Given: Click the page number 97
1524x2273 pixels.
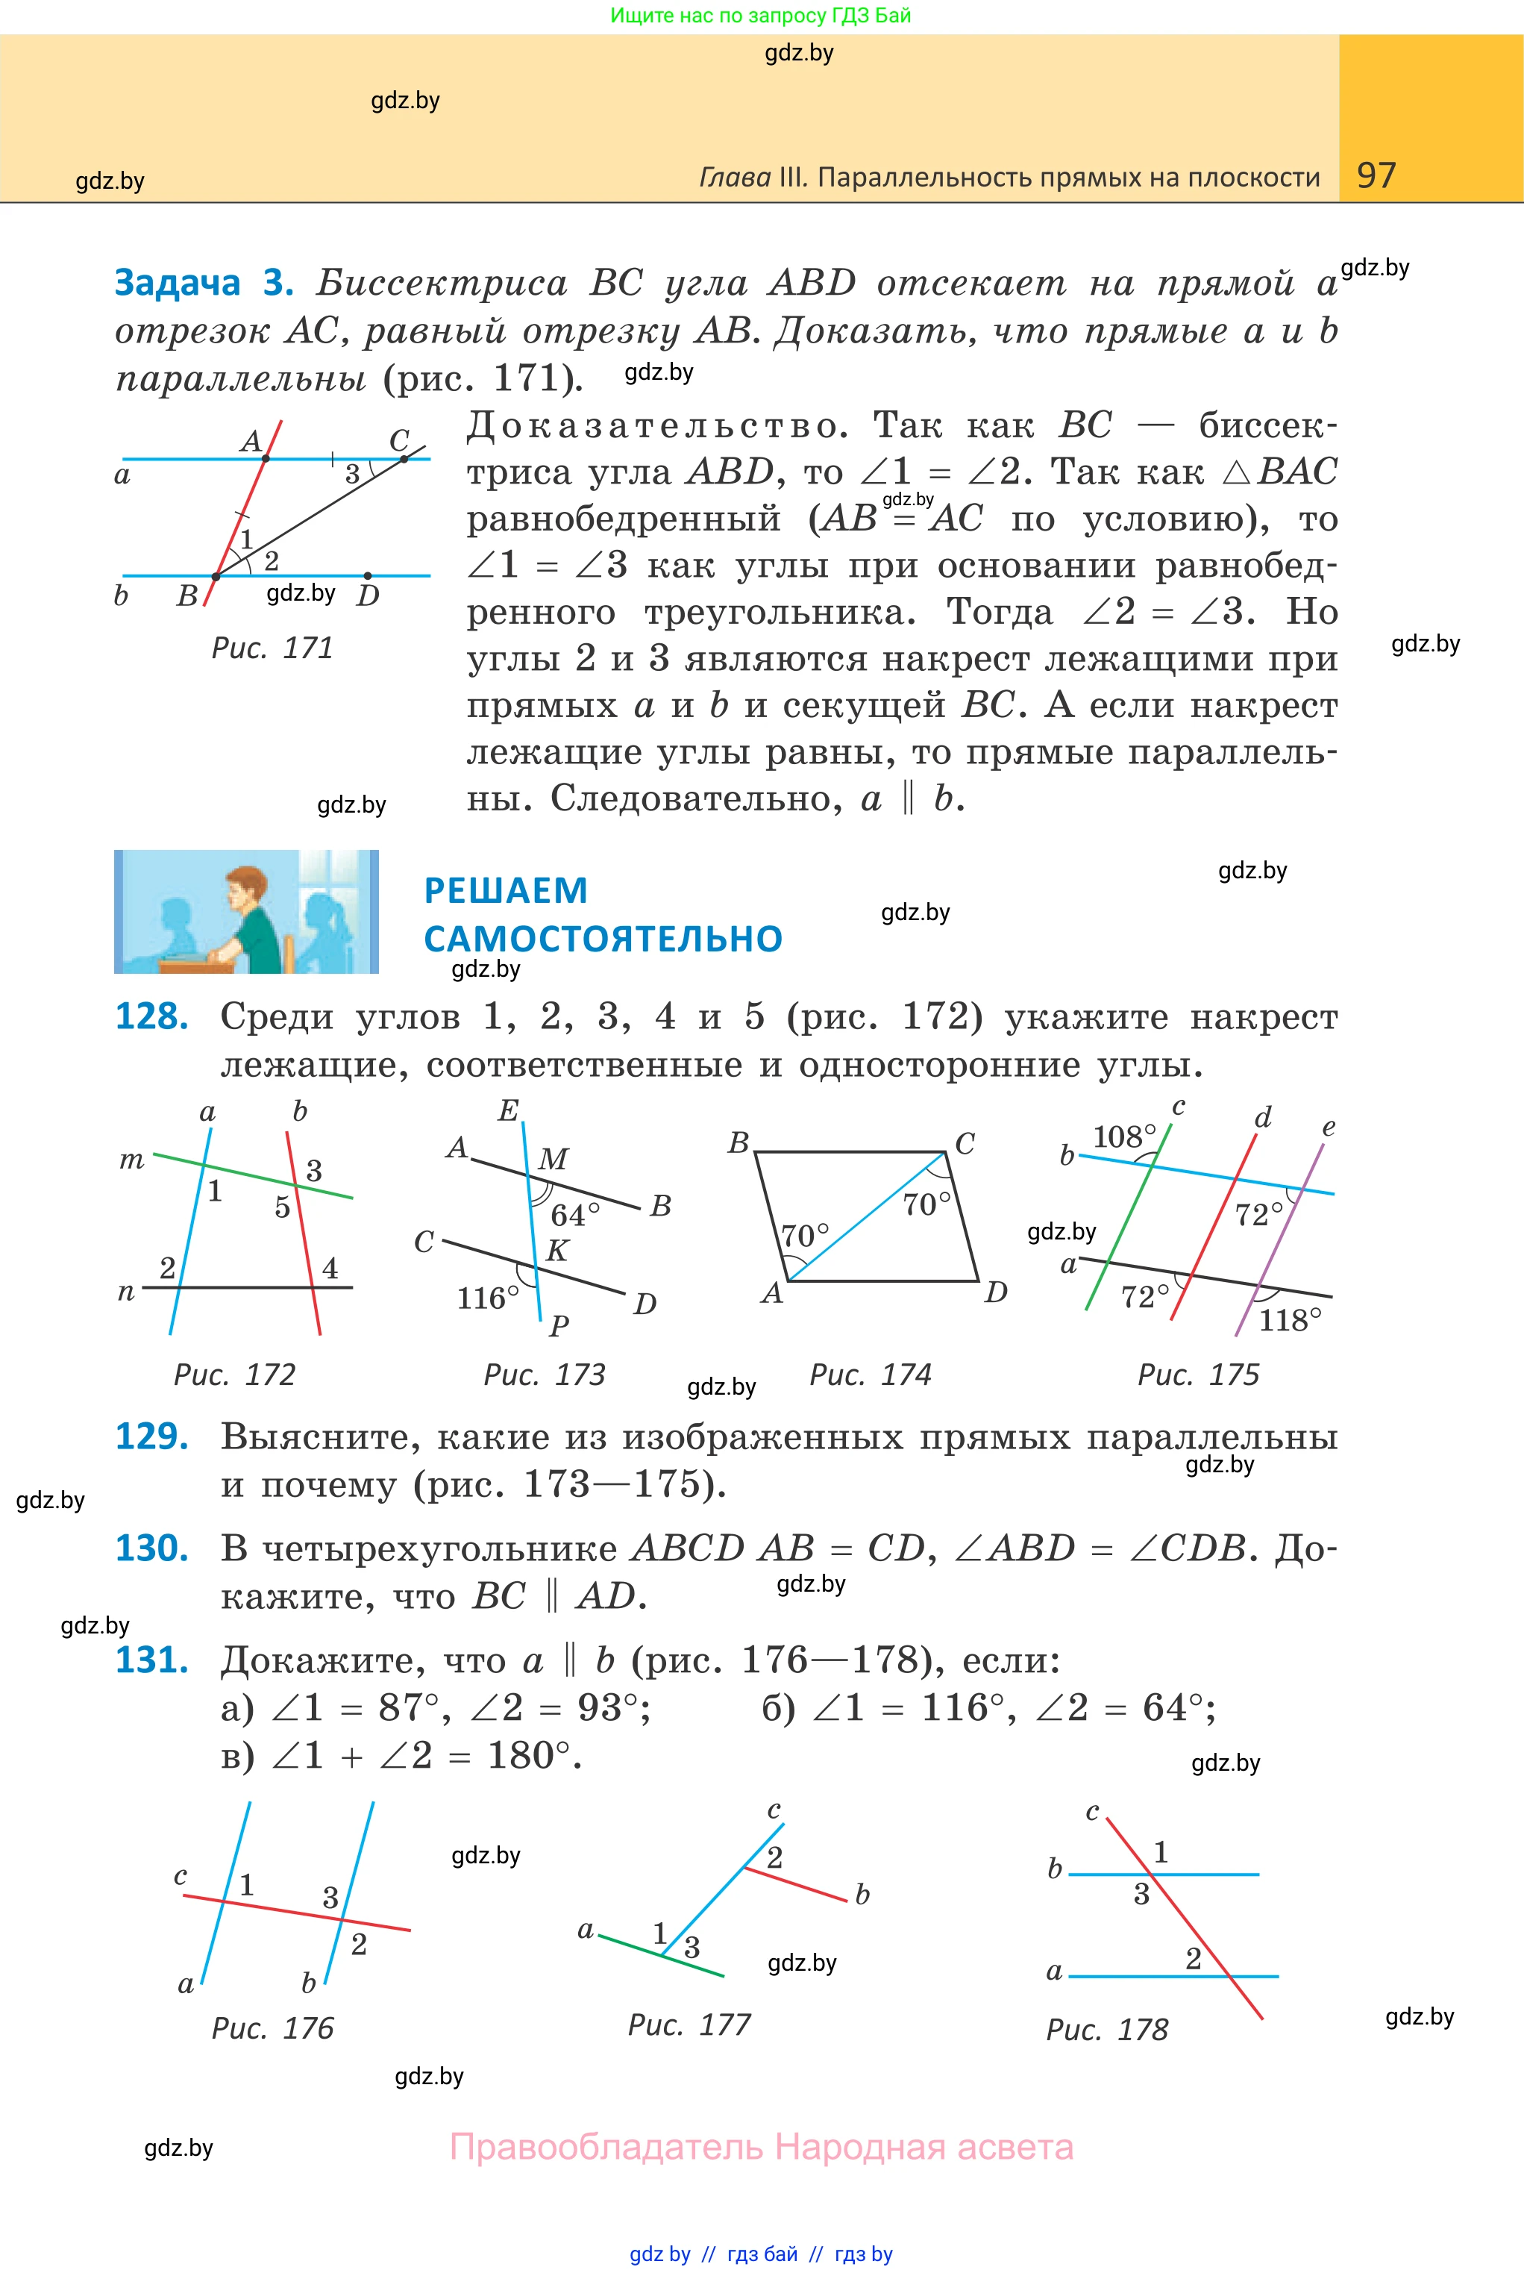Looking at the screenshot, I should point(1376,175).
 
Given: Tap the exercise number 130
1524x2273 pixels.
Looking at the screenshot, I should point(151,1548).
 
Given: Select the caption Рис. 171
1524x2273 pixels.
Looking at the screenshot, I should point(272,648).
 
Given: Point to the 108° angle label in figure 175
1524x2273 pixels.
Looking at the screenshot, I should point(1124,1136).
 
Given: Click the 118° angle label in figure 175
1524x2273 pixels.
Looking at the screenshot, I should point(1290,1320).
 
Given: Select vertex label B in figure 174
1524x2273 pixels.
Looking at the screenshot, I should point(739,1142).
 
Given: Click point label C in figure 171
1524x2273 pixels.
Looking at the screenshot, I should point(398,440).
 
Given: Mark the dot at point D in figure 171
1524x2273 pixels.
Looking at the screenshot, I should point(366,575).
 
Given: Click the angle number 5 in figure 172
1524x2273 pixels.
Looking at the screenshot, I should point(282,1207).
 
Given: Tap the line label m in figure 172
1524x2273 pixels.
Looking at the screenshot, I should point(131,1160).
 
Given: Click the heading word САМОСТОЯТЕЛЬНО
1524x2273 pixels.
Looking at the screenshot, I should point(603,939).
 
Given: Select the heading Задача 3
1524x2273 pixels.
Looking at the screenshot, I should point(204,282).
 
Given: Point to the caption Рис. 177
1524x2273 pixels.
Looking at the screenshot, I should point(689,2025).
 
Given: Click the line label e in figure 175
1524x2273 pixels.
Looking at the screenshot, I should point(1329,1128).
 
